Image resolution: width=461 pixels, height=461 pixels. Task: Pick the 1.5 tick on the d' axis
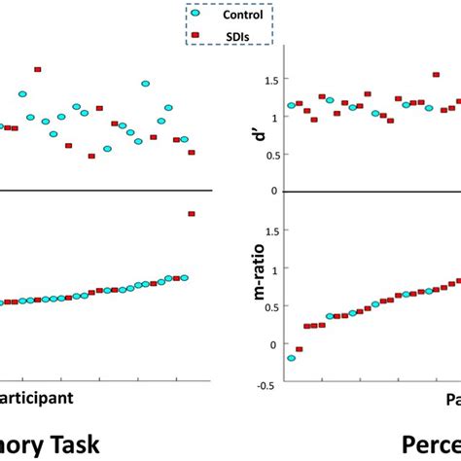tap(261, 81)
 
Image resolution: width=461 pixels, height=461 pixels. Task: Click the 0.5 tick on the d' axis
tap(261, 154)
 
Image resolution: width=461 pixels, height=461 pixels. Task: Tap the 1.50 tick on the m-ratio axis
tap(258, 231)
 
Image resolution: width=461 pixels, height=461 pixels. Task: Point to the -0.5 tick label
tap(259, 382)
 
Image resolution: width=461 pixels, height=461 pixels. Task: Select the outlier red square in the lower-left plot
tap(191, 214)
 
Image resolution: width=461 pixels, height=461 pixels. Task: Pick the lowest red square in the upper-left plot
tap(91, 156)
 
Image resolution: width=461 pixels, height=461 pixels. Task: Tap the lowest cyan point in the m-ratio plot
tap(291, 358)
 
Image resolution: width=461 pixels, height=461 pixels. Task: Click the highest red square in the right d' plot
tap(367, 94)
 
